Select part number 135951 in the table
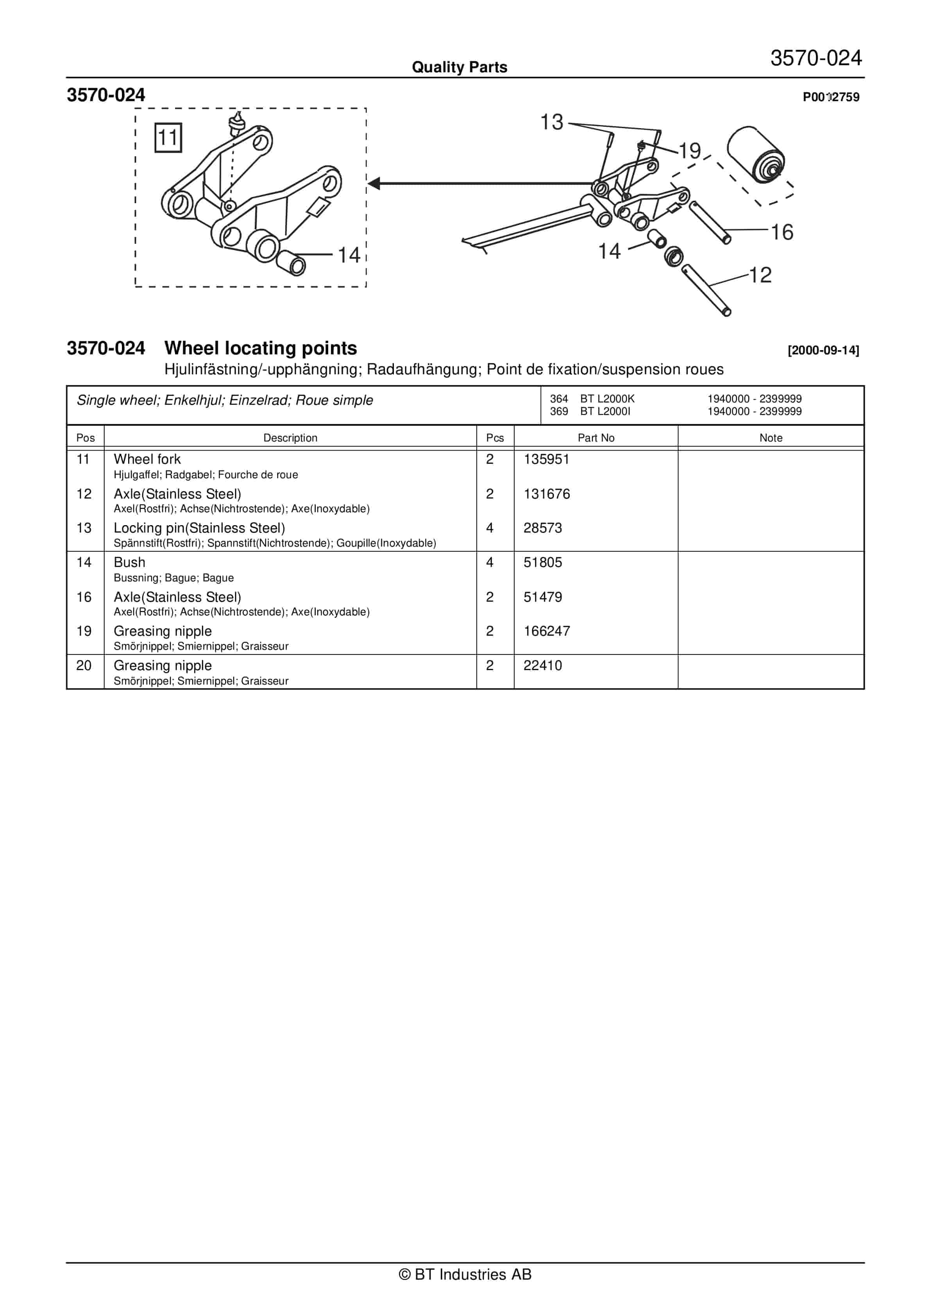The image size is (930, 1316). pyautogui.click(x=546, y=459)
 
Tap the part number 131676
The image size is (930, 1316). pyautogui.click(x=546, y=494)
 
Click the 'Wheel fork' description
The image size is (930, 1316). pyautogui.click(x=147, y=459)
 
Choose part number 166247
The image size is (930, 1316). pyautogui.click(x=546, y=631)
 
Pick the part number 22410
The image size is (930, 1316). pyautogui.click(x=542, y=665)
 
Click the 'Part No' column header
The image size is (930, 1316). pyautogui.click(x=596, y=438)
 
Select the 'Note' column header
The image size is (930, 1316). pyautogui.click(x=771, y=438)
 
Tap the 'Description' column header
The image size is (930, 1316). pyautogui.click(x=290, y=438)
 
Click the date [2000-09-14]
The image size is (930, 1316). pyautogui.click(x=823, y=350)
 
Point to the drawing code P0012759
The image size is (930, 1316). pyautogui.click(x=831, y=97)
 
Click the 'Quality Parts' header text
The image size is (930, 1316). pyautogui.click(x=459, y=67)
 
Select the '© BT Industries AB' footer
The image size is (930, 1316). pyautogui.click(x=465, y=1274)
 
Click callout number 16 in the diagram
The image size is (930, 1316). pyautogui.click(x=782, y=232)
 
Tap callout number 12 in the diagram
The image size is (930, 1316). pyautogui.click(x=760, y=275)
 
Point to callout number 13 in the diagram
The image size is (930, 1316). pyautogui.click(x=552, y=122)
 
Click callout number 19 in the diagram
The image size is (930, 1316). pyautogui.click(x=690, y=151)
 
